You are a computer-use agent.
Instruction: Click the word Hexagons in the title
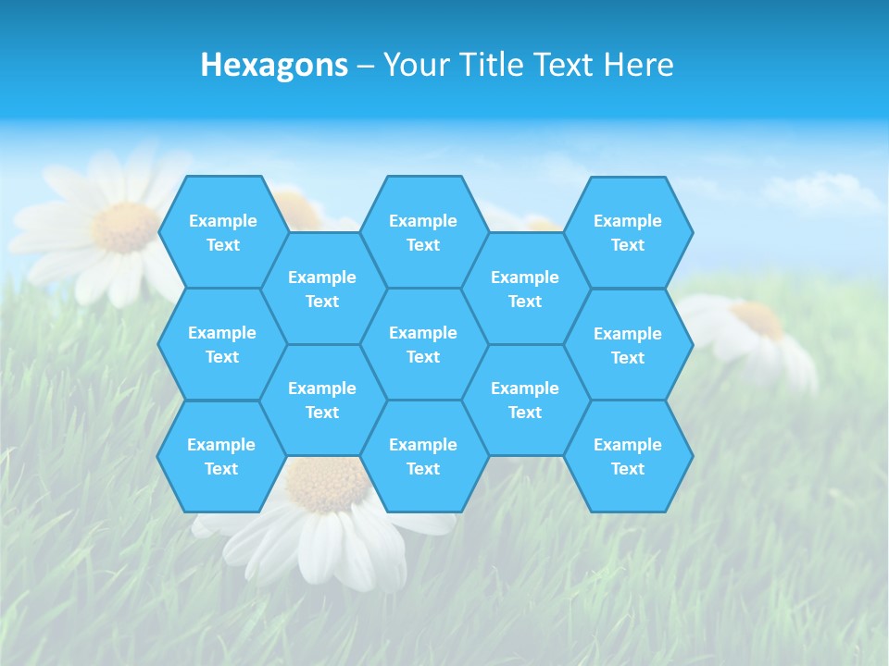[274, 65]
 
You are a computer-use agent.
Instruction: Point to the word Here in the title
[638, 65]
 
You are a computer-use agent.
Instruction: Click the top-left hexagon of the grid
[222, 232]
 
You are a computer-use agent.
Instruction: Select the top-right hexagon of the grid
[628, 232]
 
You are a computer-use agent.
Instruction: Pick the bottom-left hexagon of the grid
[221, 456]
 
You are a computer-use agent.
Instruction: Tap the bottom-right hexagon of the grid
[628, 456]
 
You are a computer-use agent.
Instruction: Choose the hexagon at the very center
[423, 344]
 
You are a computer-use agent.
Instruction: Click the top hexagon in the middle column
[423, 232]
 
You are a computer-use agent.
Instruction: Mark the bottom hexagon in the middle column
[423, 456]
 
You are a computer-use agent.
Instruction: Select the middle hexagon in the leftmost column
[222, 344]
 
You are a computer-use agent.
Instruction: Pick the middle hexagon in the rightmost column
[628, 345]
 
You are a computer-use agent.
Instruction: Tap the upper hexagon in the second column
[322, 289]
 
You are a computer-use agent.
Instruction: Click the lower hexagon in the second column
[322, 400]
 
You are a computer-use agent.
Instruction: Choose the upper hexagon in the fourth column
[525, 289]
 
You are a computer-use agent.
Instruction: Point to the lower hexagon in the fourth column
[525, 400]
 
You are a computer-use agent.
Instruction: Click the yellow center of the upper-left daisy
[126, 228]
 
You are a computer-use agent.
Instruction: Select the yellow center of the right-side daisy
[758, 320]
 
